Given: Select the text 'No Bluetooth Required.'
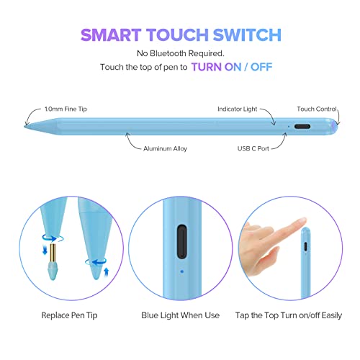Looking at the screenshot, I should pyautogui.click(x=179, y=53).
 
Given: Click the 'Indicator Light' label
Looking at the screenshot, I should pyautogui.click(x=238, y=109).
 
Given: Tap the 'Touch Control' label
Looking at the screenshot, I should pyautogui.click(x=315, y=109).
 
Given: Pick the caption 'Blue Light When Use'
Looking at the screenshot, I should pyautogui.click(x=179, y=315).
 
